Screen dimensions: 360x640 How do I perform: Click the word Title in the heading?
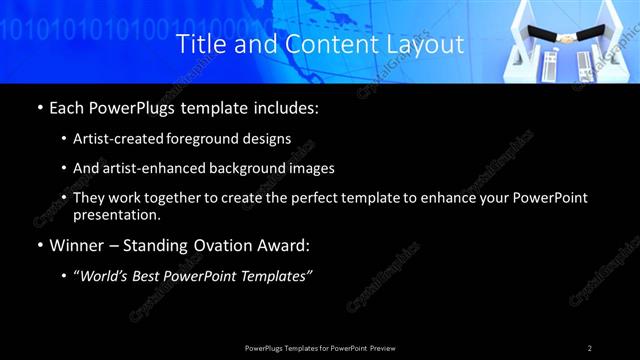coord(200,45)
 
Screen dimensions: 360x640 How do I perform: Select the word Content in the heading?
coord(325,45)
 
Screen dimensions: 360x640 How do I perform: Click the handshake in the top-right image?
coord(567,39)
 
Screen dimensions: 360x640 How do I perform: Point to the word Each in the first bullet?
coord(68,106)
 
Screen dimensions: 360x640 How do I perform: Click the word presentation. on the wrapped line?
coord(117,215)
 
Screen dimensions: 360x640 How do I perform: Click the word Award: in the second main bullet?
coord(283,245)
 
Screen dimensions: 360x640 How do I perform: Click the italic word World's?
coord(110,276)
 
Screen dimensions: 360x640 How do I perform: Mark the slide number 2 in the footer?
coord(589,348)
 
